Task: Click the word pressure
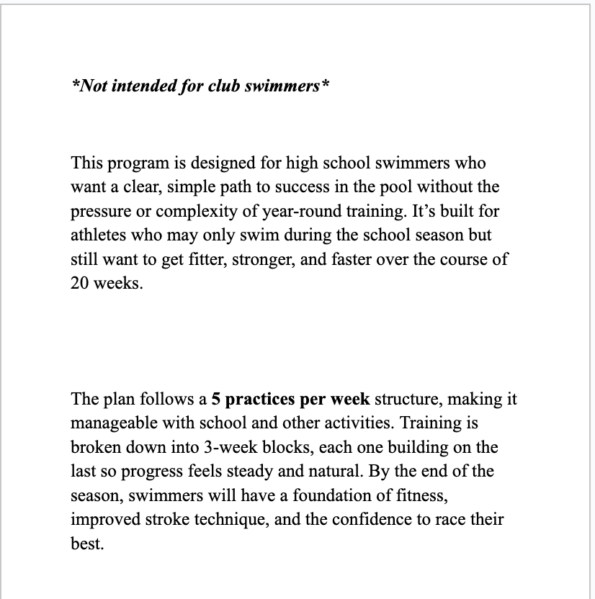tap(99, 212)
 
